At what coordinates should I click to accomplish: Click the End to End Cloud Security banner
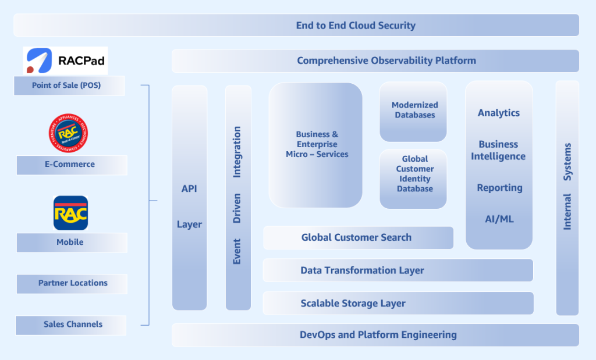point(297,26)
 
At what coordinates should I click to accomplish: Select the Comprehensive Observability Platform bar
point(375,60)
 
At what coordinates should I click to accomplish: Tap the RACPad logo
point(65,60)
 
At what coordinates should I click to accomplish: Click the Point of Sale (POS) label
point(70,85)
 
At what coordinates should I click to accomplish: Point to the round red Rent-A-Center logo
point(68,131)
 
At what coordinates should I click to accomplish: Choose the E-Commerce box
point(72,165)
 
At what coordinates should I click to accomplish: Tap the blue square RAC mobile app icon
point(70,213)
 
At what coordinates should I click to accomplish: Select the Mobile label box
point(72,243)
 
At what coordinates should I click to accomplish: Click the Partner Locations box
point(72,283)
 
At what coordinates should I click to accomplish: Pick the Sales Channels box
point(72,325)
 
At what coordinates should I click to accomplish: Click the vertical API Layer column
point(189,198)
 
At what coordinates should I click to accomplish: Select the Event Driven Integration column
point(237,198)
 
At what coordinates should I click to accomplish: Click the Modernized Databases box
point(414,111)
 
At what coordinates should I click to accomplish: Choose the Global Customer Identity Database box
point(414,179)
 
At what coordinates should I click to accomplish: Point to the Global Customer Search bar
point(358,237)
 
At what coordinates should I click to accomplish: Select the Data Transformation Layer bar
point(398,270)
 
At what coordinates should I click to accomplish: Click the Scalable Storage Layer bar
point(398,303)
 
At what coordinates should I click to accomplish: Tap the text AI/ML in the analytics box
point(499,219)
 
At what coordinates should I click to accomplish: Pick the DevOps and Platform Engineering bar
point(375,335)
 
